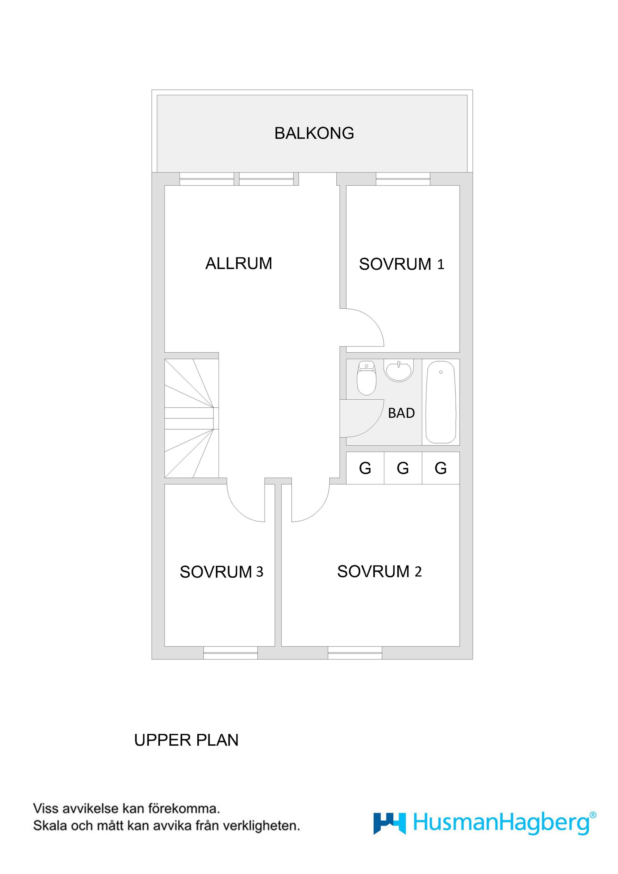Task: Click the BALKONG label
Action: click(314, 133)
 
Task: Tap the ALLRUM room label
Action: click(239, 264)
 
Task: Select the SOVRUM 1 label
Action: click(402, 264)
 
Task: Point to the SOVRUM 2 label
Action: click(379, 572)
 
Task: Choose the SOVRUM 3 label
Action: click(221, 572)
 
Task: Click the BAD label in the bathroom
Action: click(401, 413)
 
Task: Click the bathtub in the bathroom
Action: click(441, 402)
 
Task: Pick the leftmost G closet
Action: click(365, 468)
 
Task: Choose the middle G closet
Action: click(403, 468)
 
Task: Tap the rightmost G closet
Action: click(441, 468)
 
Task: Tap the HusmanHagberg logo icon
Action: click(389, 823)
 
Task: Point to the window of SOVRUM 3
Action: click(230, 653)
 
